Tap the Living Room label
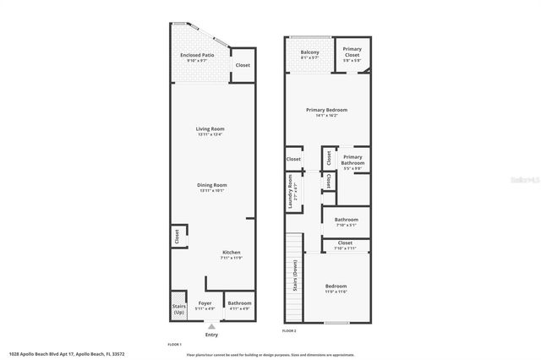coord(210,128)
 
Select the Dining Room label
coord(212,184)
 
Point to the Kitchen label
coord(232,253)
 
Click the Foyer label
coord(205,303)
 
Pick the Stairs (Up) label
coord(178,309)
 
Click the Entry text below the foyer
coord(210,335)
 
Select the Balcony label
coord(309,52)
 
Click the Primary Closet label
coord(352,52)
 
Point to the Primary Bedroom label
coord(326,110)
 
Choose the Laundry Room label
coord(290,191)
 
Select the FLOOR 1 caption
coord(174,344)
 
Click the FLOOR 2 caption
coord(289,330)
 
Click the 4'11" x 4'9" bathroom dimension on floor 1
coord(239,308)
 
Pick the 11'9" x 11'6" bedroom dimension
coord(337,292)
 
